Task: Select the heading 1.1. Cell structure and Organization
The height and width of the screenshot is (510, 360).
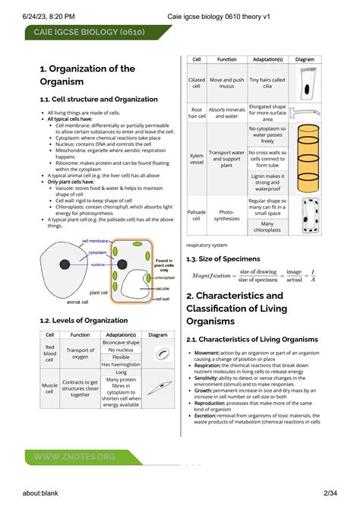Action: (x=99, y=100)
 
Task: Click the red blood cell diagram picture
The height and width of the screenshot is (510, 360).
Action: (x=161, y=353)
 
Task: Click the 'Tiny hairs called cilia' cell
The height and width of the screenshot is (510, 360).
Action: (x=267, y=82)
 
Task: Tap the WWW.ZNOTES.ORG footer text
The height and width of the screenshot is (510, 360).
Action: (x=74, y=456)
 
